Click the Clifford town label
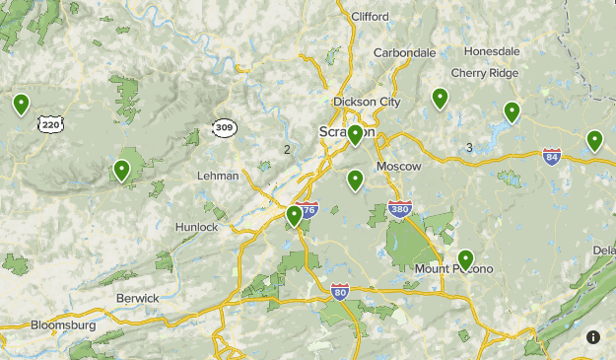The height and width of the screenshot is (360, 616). (x=370, y=16)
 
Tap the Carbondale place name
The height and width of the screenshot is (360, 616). (x=404, y=52)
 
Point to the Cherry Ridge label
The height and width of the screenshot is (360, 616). (x=484, y=72)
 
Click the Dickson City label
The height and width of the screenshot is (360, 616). (x=367, y=102)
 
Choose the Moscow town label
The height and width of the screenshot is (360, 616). (x=398, y=166)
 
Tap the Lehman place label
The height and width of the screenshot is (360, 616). (x=218, y=176)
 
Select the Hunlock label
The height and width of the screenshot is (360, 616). (x=196, y=227)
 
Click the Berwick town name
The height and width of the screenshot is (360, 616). (x=137, y=298)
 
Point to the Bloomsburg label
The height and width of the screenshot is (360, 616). (x=63, y=324)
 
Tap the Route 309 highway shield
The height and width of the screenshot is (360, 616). (x=224, y=128)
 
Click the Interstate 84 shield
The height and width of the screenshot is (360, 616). (x=552, y=156)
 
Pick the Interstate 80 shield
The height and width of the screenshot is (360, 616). (x=340, y=291)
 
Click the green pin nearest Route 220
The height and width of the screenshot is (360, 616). (x=21, y=104)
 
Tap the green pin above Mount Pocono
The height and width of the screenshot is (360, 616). (x=465, y=260)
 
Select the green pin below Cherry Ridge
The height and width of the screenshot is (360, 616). (x=512, y=112)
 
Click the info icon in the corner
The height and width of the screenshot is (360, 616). (x=593, y=337)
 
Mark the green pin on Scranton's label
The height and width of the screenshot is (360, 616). (x=356, y=134)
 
